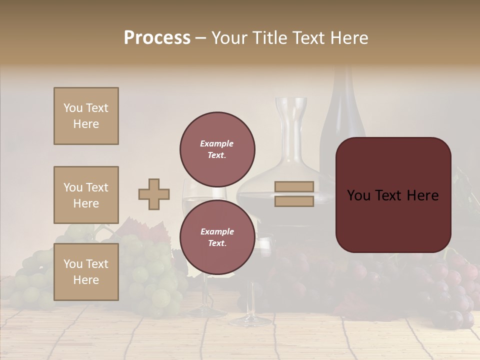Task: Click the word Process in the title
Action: (157, 38)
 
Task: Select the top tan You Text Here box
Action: (86, 116)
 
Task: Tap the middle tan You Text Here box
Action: (86, 195)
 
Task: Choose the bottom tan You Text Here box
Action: (86, 271)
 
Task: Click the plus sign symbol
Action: (154, 194)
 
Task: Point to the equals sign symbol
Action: (294, 194)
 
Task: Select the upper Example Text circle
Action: (217, 149)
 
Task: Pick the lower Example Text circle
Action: (217, 237)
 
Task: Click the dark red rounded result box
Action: (393, 194)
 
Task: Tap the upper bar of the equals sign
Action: (294, 186)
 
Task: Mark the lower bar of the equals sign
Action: (294, 201)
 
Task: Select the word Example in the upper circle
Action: (217, 143)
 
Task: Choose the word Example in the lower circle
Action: (217, 231)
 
